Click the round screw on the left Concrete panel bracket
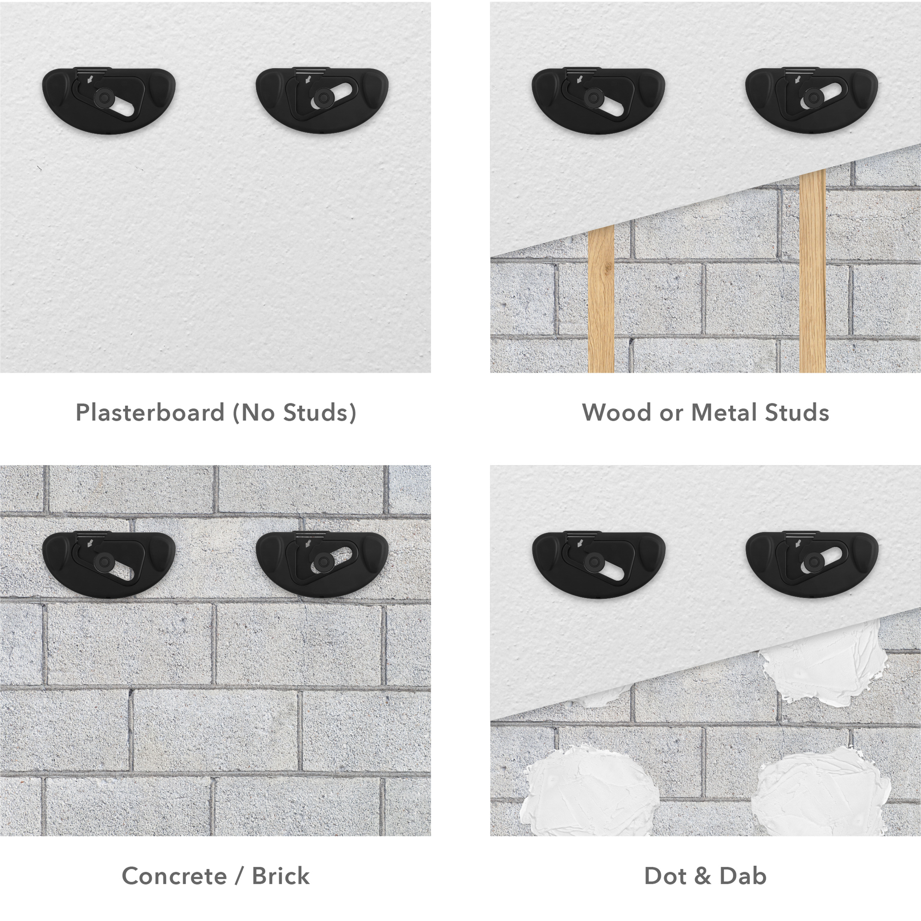[101, 561]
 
